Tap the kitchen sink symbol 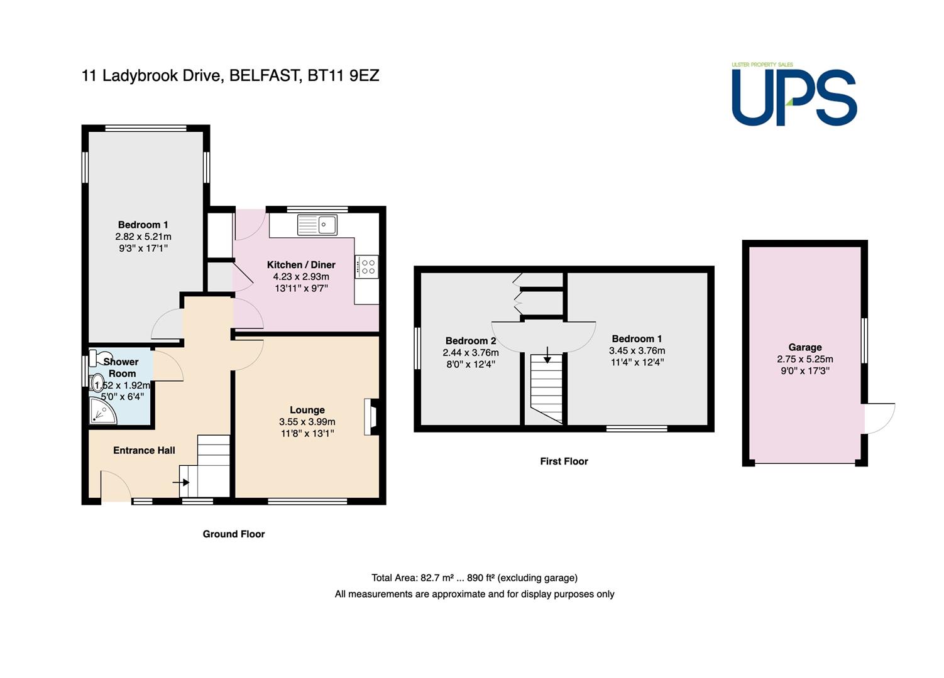[317, 224]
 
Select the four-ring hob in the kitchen [366, 267]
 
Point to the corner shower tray [102, 411]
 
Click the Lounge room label [307, 410]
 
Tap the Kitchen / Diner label [301, 265]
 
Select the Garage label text [805, 347]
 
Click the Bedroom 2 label [471, 340]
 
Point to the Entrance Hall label [144, 450]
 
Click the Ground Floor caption [234, 534]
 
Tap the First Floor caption [564, 461]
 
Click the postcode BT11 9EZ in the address [343, 76]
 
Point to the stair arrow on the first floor [547, 355]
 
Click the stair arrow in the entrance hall [181, 482]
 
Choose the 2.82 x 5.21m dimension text [143, 237]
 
